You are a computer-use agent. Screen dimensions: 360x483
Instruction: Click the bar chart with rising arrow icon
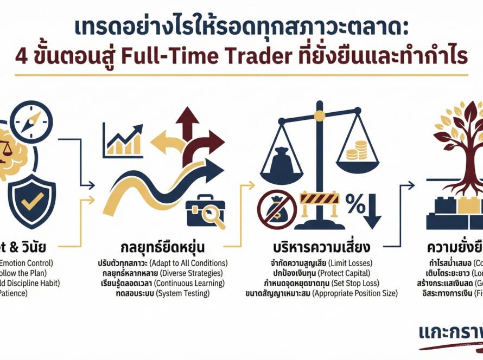[123, 140]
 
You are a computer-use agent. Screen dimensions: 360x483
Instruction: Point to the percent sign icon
[355, 205]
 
